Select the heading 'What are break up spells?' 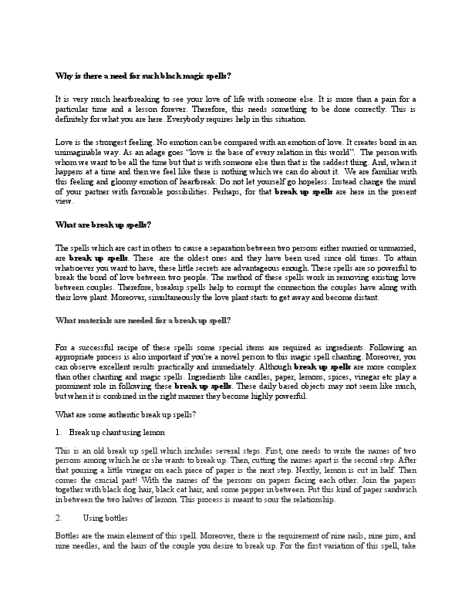[103, 224]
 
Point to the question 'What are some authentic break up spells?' [126, 415]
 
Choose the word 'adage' [164, 153]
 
